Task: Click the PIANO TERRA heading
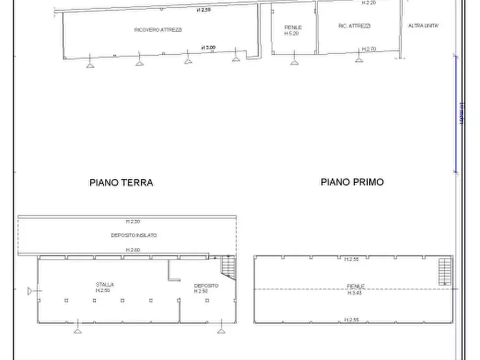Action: [121, 183]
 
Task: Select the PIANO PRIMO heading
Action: [352, 182]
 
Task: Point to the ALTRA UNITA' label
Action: [424, 26]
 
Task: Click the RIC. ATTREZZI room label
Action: [355, 26]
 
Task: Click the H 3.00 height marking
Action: [209, 48]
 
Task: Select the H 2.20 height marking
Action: [368, 3]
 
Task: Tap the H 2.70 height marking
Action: [369, 49]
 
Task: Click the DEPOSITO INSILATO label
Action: [134, 235]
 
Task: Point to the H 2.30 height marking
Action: [133, 221]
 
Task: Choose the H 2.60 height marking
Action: [133, 250]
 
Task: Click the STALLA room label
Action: [105, 285]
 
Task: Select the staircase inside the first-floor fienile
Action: [445, 272]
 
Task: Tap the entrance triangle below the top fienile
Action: [294, 62]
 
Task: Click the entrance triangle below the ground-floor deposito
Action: [221, 329]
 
